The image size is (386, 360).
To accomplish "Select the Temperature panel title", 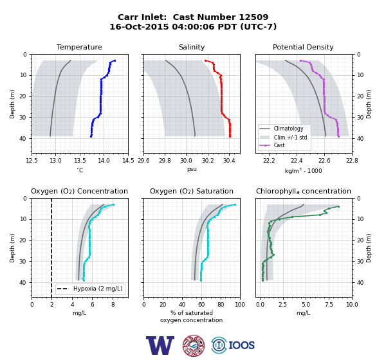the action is point(79,47).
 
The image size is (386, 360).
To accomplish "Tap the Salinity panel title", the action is point(192,47).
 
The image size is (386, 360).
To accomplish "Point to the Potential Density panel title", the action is point(303,47).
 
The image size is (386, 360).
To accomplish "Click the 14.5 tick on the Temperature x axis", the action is point(128,161).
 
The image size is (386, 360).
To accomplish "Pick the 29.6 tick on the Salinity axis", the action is point(143,161).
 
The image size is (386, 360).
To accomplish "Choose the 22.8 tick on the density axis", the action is point(352,161).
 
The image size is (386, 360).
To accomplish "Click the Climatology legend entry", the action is point(288,129).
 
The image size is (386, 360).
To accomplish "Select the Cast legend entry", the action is point(279,145).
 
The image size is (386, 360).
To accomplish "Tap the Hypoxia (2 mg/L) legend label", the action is point(98,289).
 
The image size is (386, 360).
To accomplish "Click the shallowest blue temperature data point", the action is point(115,61).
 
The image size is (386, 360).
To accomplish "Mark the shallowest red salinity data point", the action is point(206,61).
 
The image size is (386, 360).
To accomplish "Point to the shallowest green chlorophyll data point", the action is point(338,207).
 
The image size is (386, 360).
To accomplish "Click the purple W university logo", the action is point(160,345).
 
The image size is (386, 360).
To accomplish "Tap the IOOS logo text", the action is point(241,345).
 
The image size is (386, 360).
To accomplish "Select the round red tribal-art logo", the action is point(194,345).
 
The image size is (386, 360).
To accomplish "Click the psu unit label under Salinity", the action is point(192,169).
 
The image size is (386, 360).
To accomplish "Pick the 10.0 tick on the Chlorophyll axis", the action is point(352,305).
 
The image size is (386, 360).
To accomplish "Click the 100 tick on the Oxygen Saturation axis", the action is point(240,305).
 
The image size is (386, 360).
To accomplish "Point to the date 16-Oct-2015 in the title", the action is point(139,26).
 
